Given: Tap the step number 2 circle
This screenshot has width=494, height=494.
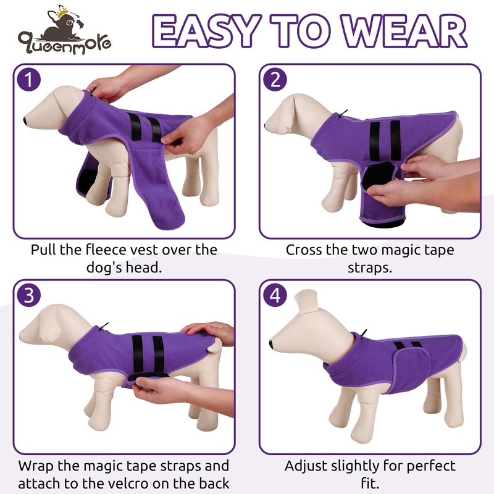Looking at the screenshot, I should coord(275,80).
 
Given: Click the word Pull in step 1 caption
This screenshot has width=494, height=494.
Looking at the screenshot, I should coord(44,250).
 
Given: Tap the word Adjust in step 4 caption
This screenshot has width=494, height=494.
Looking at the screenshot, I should coord(304,466).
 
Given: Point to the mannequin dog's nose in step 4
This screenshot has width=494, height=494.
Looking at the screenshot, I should coord(272,343).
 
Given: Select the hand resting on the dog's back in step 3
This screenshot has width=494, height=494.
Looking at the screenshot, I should coord(210,330).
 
